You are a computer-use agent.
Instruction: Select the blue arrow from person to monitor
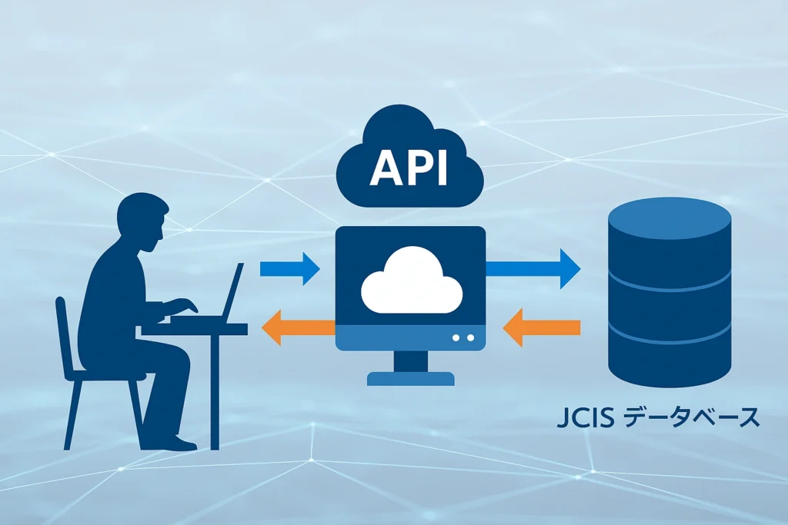(289, 268)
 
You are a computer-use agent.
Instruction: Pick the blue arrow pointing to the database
(533, 267)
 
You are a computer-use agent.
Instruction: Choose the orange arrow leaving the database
(540, 328)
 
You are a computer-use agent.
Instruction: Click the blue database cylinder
(669, 307)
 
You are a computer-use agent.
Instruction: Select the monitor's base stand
(410, 377)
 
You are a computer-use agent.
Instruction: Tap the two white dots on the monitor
(464, 337)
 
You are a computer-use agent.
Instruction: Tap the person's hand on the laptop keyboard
(189, 306)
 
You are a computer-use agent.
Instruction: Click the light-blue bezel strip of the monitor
(410, 337)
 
